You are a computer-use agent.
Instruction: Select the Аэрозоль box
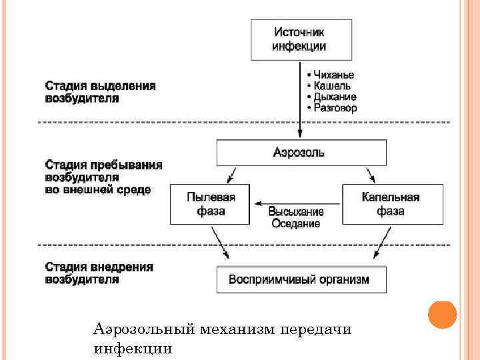click(x=301, y=153)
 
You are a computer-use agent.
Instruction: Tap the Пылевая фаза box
click(x=209, y=204)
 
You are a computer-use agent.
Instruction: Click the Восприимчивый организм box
click(x=301, y=279)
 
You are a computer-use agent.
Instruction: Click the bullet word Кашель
click(x=331, y=86)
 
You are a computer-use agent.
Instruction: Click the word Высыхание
click(x=296, y=211)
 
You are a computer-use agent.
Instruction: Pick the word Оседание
click(x=296, y=223)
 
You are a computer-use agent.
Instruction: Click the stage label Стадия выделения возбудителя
click(x=101, y=92)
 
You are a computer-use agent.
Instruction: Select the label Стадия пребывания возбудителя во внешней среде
click(x=103, y=177)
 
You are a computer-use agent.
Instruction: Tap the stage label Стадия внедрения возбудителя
click(x=99, y=273)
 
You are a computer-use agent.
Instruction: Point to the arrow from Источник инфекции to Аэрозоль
click(x=300, y=100)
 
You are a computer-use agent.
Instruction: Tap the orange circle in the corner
click(x=442, y=315)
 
